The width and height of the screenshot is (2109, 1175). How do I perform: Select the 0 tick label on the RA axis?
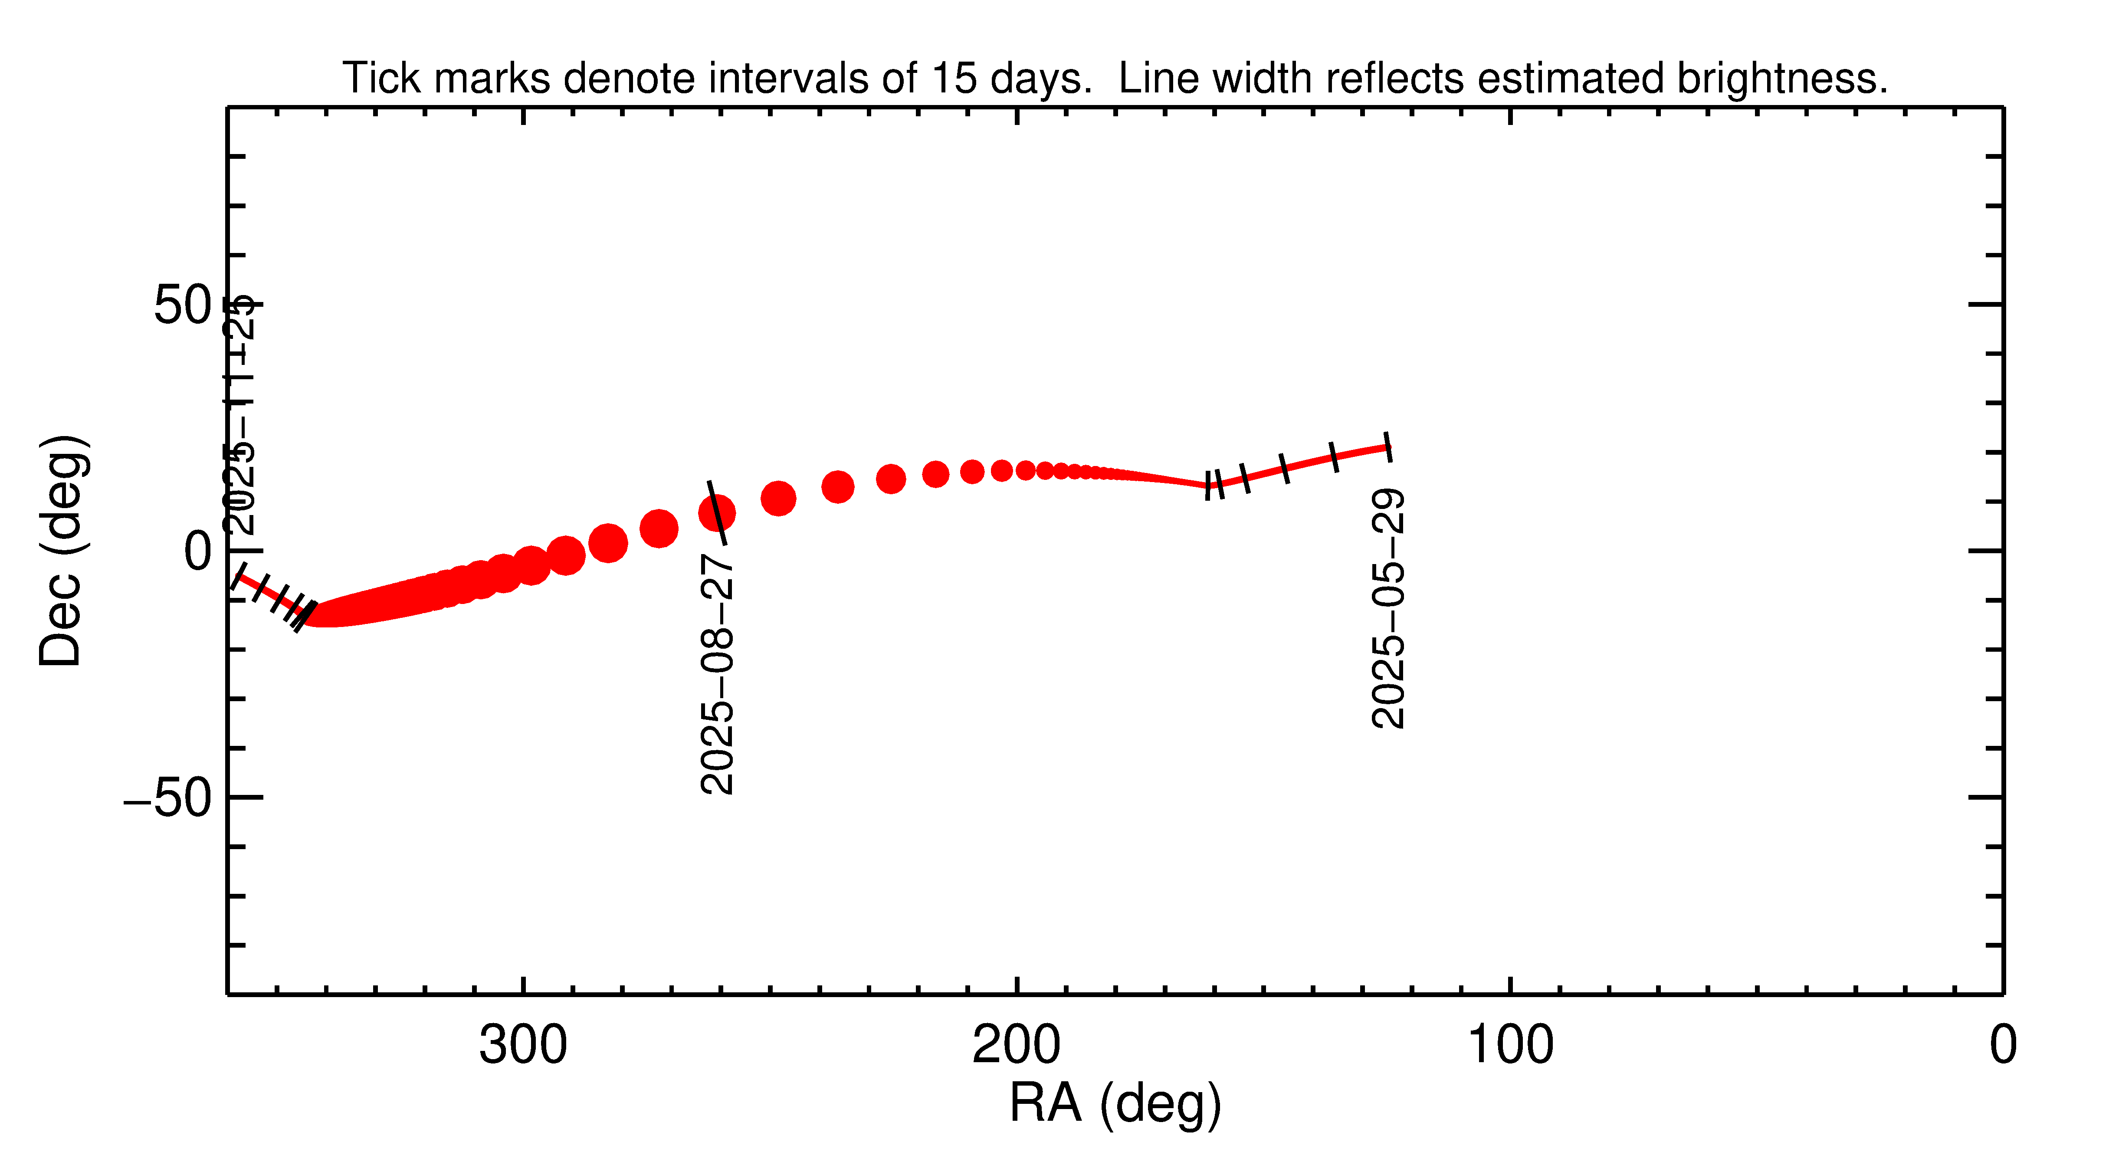point(2003,1046)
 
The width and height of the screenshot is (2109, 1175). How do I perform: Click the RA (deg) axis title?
point(1115,1104)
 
